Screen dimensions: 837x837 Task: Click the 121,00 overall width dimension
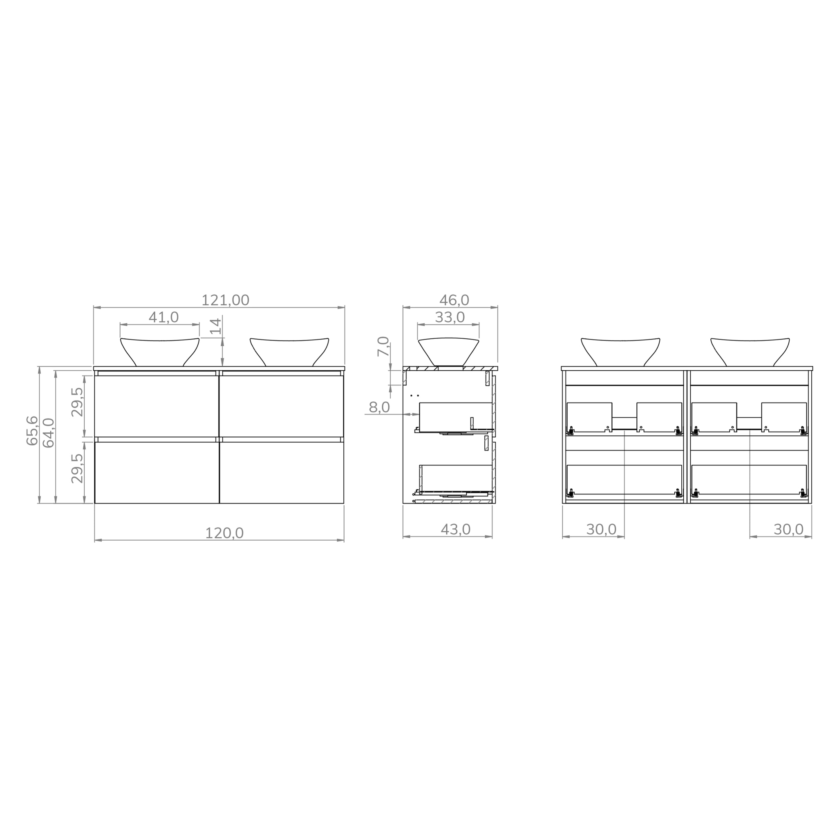click(x=225, y=300)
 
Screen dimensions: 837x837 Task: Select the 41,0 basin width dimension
click(x=163, y=318)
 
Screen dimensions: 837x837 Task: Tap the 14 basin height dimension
click(x=216, y=326)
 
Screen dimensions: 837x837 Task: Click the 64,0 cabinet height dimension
click(x=49, y=432)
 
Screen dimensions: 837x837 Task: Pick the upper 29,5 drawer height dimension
click(x=77, y=402)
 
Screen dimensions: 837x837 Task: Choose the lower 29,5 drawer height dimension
click(x=77, y=468)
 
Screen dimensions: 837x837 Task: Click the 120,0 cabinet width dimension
click(x=224, y=533)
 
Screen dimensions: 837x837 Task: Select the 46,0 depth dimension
click(x=454, y=300)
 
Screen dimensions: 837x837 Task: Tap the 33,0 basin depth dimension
click(x=450, y=318)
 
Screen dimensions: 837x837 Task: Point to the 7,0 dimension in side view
click(x=383, y=347)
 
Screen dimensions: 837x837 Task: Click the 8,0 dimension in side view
click(x=379, y=407)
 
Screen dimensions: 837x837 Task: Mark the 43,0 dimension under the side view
click(x=455, y=529)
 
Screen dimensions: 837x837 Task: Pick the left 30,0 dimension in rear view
click(x=601, y=529)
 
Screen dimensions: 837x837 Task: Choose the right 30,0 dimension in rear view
click(x=788, y=529)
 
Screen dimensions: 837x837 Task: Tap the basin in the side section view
click(x=448, y=351)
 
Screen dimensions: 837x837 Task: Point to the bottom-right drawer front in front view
click(x=282, y=472)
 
